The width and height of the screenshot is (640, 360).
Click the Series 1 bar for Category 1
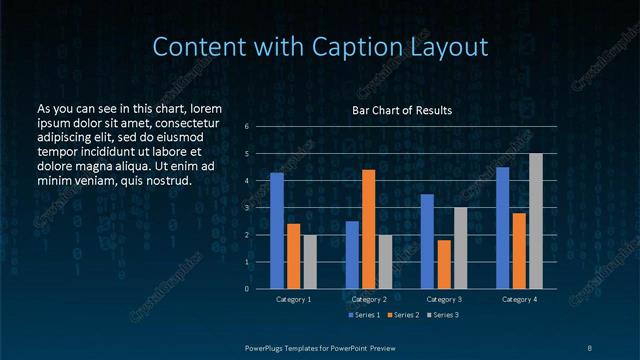277,231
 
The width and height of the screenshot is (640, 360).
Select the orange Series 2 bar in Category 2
368,229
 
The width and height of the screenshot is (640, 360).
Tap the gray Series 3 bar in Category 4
535,221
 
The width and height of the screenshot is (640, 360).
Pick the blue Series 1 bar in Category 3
427,241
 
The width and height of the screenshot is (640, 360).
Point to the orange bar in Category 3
444,264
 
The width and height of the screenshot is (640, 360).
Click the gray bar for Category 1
310,262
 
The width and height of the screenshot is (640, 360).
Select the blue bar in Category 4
502,228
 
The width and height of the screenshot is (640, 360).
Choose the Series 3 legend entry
444,315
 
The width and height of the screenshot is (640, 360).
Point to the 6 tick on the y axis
247,127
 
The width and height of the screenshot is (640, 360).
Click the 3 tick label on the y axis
247,208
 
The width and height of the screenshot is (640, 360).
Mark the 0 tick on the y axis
247,289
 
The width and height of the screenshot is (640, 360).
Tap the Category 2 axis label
369,299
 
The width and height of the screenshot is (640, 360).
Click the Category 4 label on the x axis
519,299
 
